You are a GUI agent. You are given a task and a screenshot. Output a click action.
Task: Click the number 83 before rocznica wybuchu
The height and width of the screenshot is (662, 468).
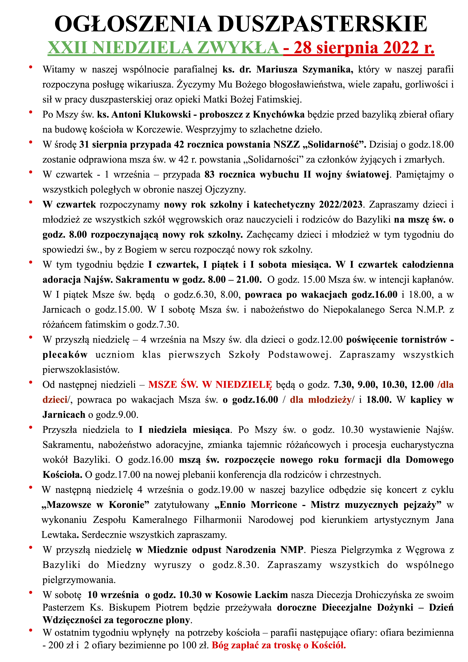[x=210, y=174]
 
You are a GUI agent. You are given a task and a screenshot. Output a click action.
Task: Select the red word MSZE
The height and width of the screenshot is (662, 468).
[x=162, y=385]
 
